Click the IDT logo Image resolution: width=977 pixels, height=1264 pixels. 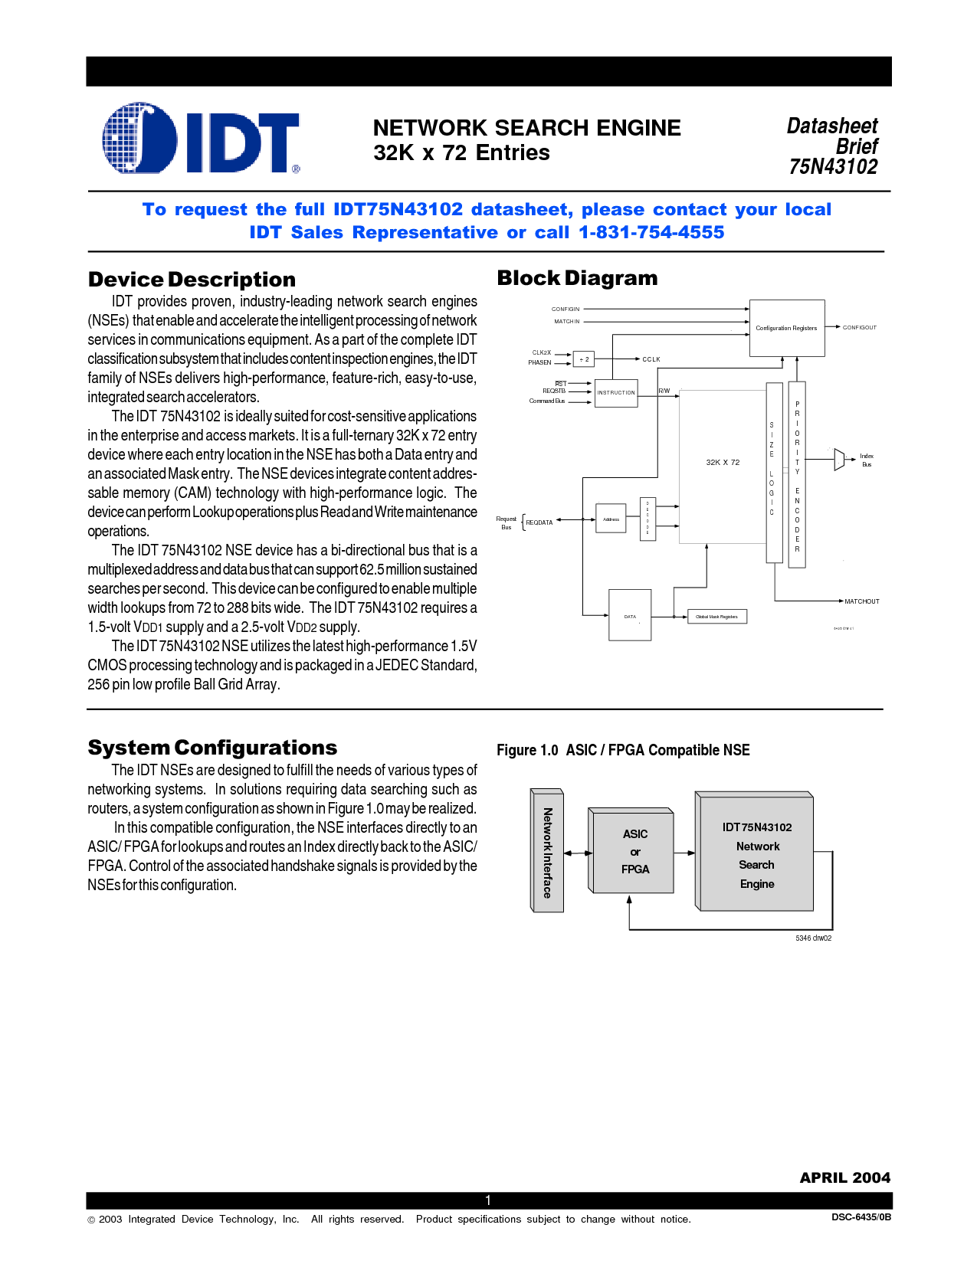click(x=201, y=139)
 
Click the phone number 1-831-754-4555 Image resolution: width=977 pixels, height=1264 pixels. click(x=651, y=232)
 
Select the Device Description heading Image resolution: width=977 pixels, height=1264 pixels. click(x=192, y=280)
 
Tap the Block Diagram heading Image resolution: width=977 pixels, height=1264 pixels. click(x=577, y=278)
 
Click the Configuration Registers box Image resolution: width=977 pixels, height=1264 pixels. click(x=786, y=328)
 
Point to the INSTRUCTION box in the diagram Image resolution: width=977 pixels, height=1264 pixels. click(x=616, y=392)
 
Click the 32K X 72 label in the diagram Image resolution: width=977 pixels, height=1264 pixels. click(x=723, y=462)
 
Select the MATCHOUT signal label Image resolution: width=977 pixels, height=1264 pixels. click(x=861, y=601)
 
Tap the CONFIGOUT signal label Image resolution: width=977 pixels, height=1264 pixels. click(x=859, y=327)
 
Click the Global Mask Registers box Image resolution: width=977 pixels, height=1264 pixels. click(x=716, y=617)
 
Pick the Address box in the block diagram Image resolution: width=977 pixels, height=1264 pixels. click(x=611, y=519)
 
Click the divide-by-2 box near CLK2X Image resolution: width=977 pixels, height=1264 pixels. click(x=584, y=359)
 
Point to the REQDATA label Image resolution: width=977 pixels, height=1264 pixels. click(x=539, y=522)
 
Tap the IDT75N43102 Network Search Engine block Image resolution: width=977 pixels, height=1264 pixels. click(x=756, y=855)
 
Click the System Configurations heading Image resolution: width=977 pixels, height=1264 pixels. click(x=212, y=748)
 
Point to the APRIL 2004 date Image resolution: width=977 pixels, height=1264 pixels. click(x=844, y=1178)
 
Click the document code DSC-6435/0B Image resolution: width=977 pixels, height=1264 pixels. click(x=861, y=1217)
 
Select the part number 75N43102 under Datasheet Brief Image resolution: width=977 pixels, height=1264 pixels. click(x=833, y=167)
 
